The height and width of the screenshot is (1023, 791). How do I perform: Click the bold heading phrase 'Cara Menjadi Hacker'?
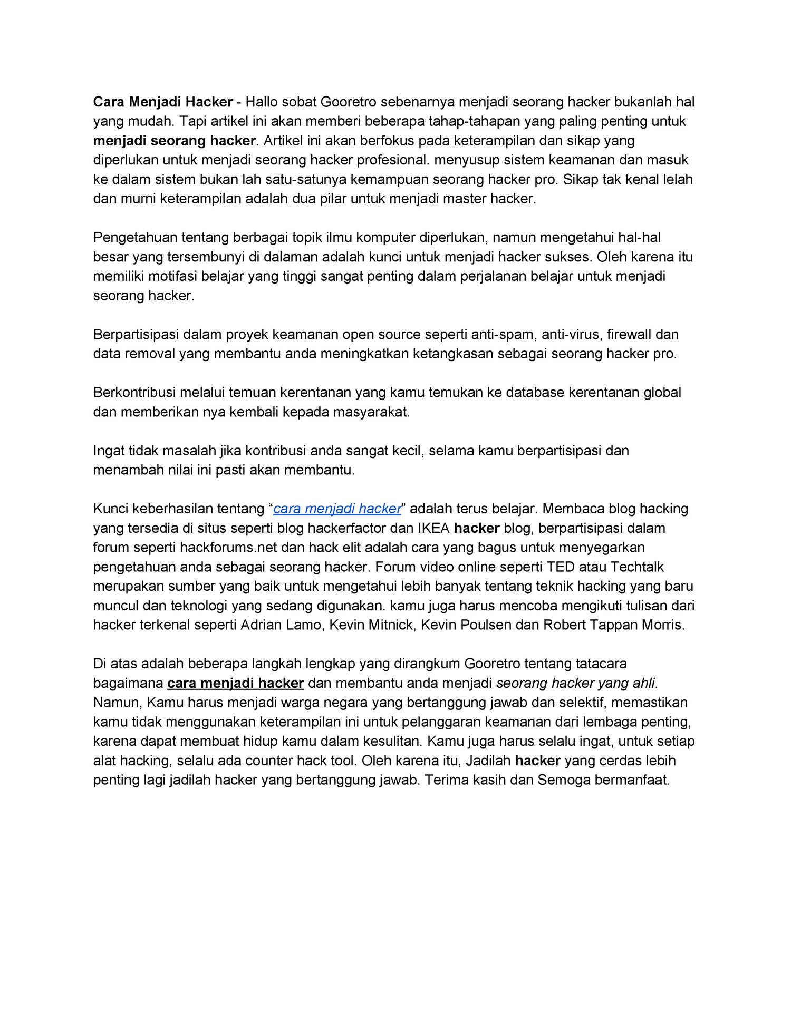(163, 102)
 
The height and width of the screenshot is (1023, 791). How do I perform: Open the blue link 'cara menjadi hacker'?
(337, 509)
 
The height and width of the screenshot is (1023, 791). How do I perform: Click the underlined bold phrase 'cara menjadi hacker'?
(235, 684)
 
